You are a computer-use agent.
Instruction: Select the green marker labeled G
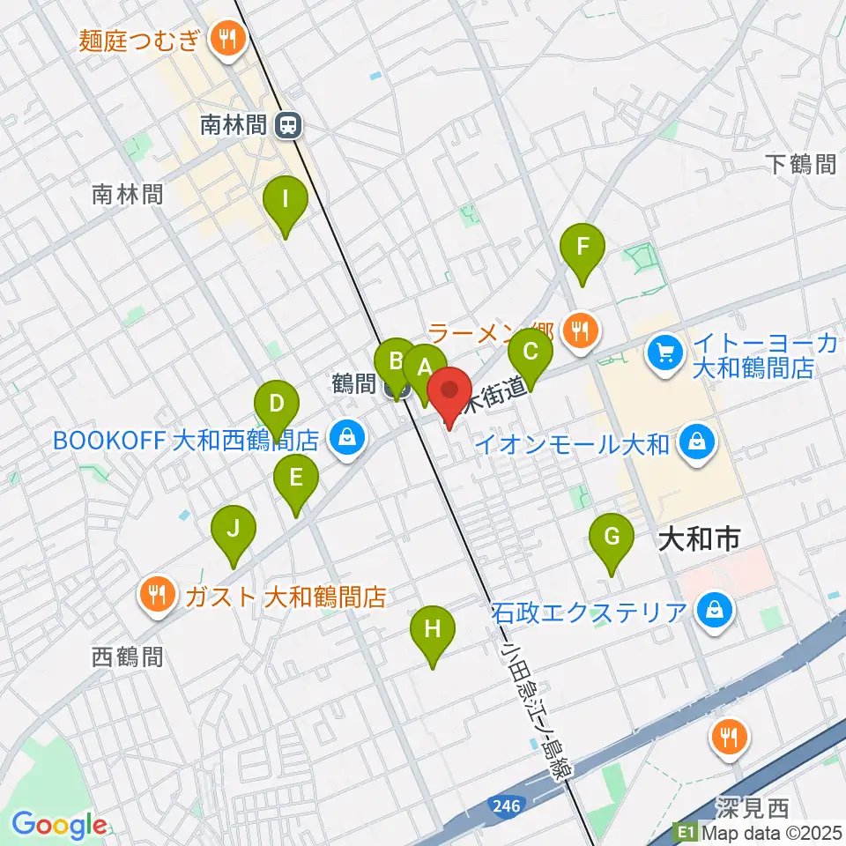(611, 537)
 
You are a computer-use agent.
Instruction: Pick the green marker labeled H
(432, 630)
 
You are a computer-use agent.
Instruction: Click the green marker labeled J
(234, 530)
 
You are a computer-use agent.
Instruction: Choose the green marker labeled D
(277, 405)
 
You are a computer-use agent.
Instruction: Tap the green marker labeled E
(295, 479)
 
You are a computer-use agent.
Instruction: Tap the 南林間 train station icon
(286, 126)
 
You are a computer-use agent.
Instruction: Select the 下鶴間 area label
(799, 163)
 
